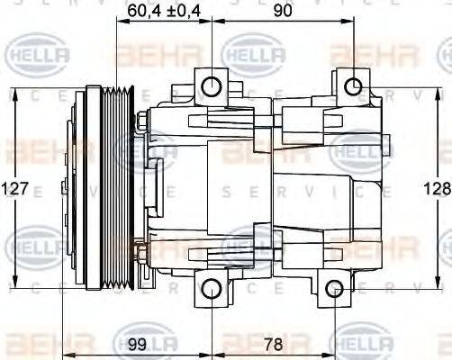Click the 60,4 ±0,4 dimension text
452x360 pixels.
tap(163, 12)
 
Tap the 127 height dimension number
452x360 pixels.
tap(15, 189)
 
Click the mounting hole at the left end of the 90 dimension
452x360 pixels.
tap(212, 87)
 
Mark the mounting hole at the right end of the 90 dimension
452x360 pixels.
tap(355, 87)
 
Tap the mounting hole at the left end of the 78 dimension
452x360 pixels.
tap(212, 289)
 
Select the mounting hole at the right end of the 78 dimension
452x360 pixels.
tap(334, 289)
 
